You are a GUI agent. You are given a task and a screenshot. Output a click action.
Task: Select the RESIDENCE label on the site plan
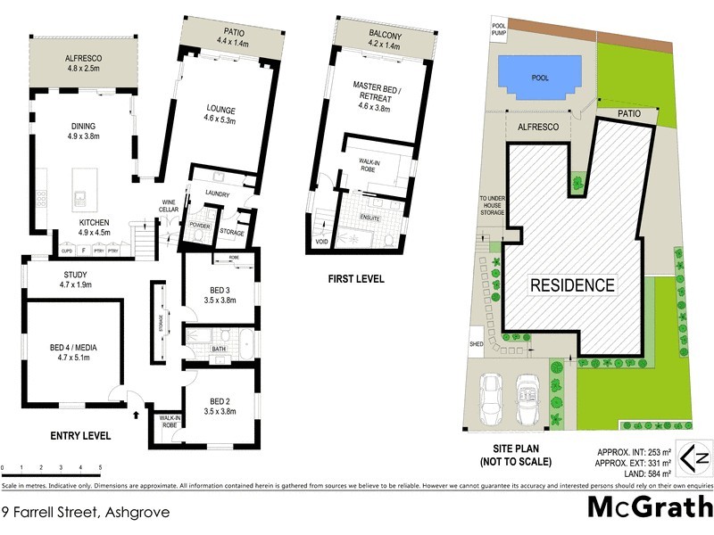coord(573,285)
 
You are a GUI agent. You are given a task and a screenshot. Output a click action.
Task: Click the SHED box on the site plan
coord(476,343)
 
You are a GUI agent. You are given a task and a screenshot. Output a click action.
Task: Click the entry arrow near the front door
coord(137,413)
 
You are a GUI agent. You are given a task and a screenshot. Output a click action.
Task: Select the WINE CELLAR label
coord(170,205)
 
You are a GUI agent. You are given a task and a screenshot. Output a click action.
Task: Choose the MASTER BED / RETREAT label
coord(380,91)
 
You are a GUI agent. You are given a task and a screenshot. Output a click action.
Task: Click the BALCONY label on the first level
coord(385,35)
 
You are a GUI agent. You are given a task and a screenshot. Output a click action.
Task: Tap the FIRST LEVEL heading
coord(355,279)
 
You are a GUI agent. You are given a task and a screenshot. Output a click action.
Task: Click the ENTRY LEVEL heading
coord(80,436)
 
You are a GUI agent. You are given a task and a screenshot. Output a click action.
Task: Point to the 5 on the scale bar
coord(100,467)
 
